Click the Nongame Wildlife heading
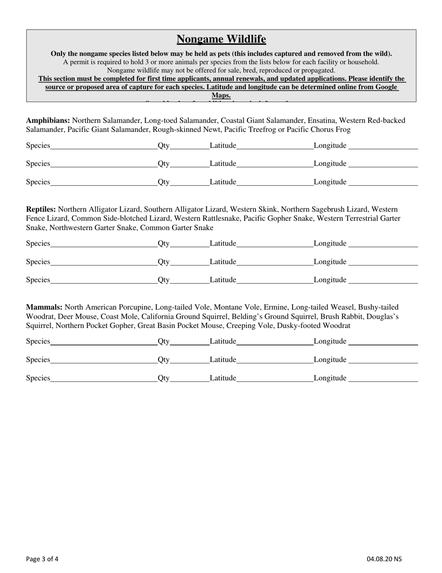point(221,39)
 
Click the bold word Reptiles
point(41,210)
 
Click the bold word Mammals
point(44,307)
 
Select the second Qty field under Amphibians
point(189,164)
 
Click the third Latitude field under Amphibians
point(275,182)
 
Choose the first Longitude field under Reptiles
point(383,243)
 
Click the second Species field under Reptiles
point(103,262)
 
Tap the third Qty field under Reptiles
point(189,280)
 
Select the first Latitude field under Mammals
point(275,341)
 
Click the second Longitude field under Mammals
point(383,360)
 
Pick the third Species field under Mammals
point(103,378)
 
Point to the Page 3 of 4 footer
point(42,559)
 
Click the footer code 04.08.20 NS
point(384,559)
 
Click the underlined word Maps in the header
point(221,95)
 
